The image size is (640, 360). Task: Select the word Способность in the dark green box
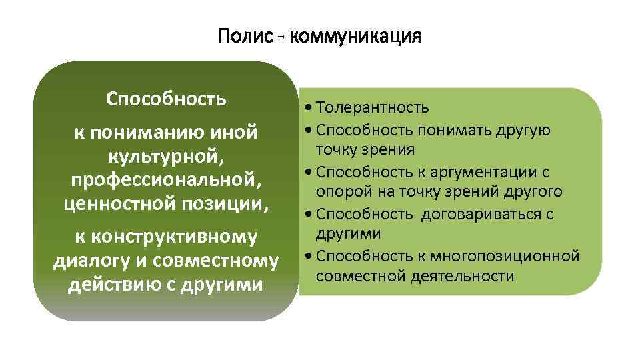[x=166, y=99]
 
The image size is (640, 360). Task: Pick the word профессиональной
[x=166, y=181]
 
